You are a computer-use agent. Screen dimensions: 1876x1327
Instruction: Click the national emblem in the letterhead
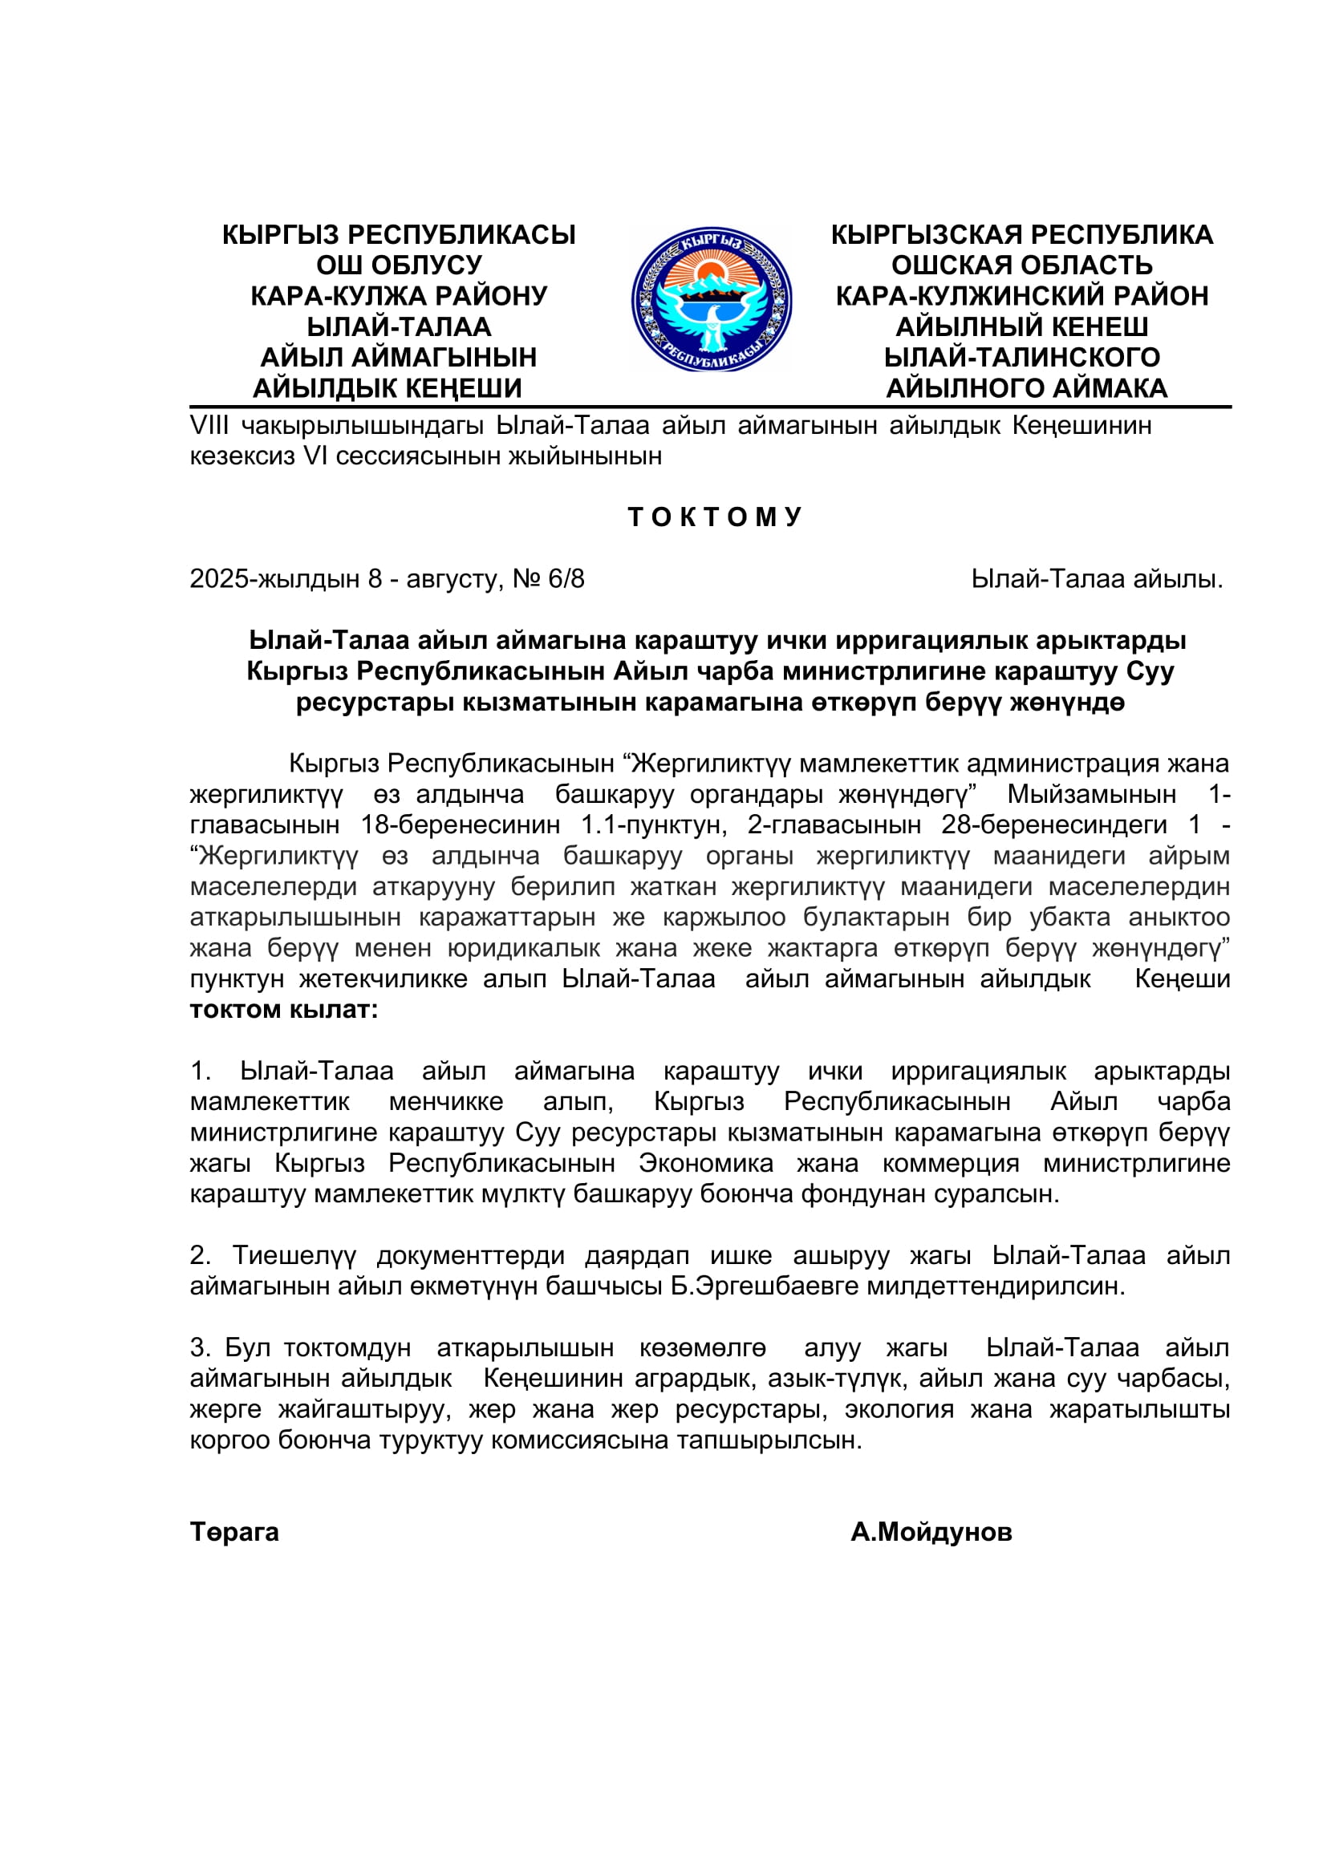coord(711,300)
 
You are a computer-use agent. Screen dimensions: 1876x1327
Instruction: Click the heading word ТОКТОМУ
coord(715,517)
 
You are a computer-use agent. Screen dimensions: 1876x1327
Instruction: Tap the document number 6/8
coord(566,579)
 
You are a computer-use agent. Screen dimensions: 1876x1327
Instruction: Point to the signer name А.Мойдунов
coord(931,1531)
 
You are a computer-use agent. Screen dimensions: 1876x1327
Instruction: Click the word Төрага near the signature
coord(234,1531)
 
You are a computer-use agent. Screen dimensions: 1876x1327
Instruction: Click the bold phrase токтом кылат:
coord(284,1010)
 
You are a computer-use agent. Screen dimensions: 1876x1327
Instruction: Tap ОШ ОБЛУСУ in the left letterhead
coord(399,265)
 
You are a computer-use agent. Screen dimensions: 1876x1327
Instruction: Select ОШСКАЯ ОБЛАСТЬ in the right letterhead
coord(1021,265)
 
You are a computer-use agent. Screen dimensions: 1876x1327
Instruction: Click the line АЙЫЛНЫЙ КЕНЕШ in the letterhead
coord(1021,326)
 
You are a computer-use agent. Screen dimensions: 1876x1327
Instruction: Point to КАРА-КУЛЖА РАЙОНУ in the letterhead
coord(399,296)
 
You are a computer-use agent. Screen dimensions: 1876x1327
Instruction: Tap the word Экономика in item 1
coord(706,1164)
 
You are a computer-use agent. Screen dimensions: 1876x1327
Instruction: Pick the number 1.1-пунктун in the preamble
coord(654,825)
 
